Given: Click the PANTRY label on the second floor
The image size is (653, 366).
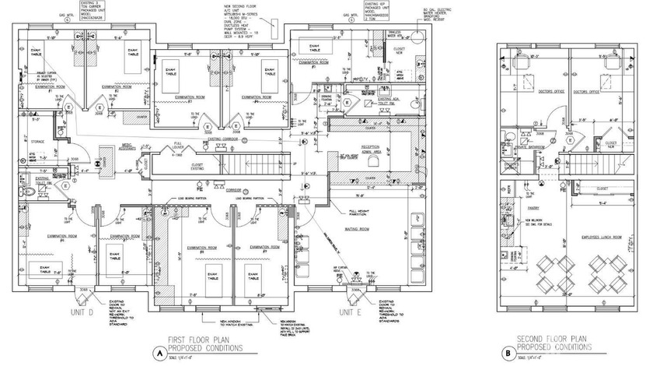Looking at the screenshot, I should click(x=533, y=209).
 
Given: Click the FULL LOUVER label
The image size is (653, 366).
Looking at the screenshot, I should click(x=178, y=143).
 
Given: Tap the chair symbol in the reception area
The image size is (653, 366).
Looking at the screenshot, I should click(x=373, y=161).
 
